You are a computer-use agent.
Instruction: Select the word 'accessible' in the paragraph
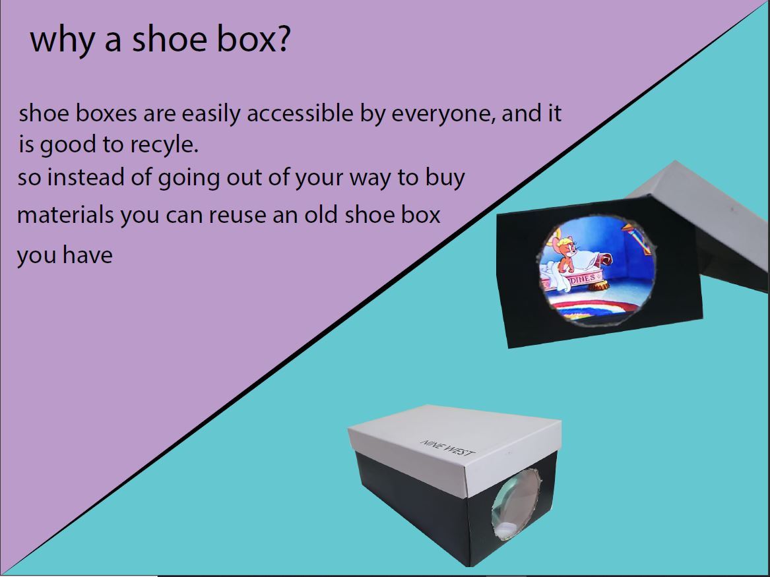pyautogui.click(x=300, y=113)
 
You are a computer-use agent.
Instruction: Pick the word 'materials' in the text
pyautogui.click(x=65, y=215)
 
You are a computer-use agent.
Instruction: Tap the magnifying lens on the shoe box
pyautogui.click(x=515, y=504)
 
